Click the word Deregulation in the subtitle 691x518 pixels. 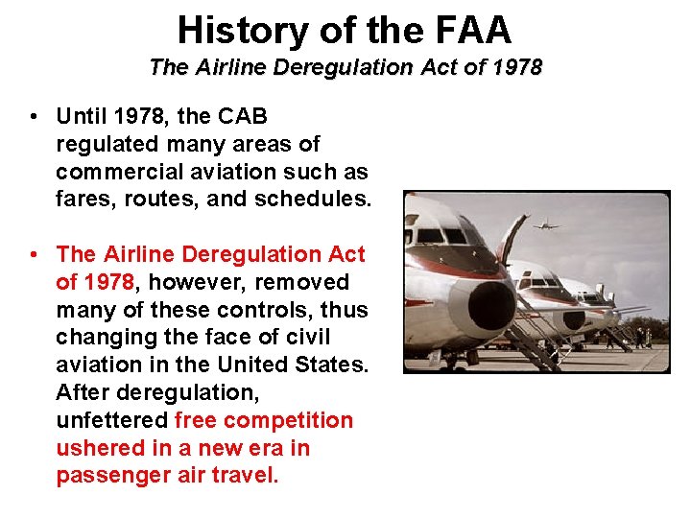click(323, 68)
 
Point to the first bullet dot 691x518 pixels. click(34, 117)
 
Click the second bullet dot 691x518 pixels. click(34, 255)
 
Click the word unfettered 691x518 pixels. click(112, 421)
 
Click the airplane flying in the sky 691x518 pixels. click(545, 226)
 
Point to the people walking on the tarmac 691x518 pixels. click(641, 337)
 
